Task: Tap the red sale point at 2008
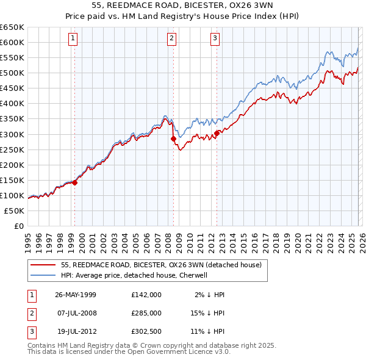(173, 139)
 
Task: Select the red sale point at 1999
(75, 182)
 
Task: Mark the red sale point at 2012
(217, 133)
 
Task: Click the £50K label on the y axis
(14, 211)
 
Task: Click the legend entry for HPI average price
(135, 275)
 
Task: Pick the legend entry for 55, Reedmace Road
(161, 265)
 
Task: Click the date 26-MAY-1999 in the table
(76, 295)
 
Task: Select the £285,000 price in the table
(146, 313)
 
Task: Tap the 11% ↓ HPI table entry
(207, 331)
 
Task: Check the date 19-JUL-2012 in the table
(76, 331)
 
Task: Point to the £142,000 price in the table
(146, 295)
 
